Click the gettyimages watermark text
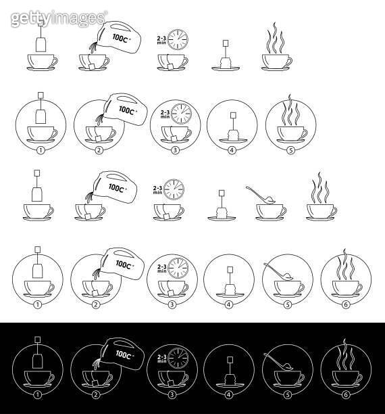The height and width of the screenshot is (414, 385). tap(59, 18)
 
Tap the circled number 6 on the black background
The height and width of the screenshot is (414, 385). tap(346, 395)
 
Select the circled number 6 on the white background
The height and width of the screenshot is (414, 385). tap(346, 304)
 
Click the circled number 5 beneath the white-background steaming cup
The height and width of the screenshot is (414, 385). tap(290, 150)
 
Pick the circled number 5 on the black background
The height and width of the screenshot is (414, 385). tap(288, 395)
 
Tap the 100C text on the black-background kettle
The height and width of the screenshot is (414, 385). tap(124, 354)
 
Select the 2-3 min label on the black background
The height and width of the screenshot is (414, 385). tap(162, 359)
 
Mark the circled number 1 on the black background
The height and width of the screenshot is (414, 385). tap(37, 395)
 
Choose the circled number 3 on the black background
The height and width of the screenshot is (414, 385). tap(172, 395)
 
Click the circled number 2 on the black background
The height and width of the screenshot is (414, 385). tap(96, 395)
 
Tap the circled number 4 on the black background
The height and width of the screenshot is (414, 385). tap(228, 395)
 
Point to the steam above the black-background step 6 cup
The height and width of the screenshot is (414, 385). tap(344, 354)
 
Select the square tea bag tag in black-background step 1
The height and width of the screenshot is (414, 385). tap(38, 340)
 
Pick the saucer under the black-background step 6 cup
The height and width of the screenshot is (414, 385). tap(345, 386)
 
